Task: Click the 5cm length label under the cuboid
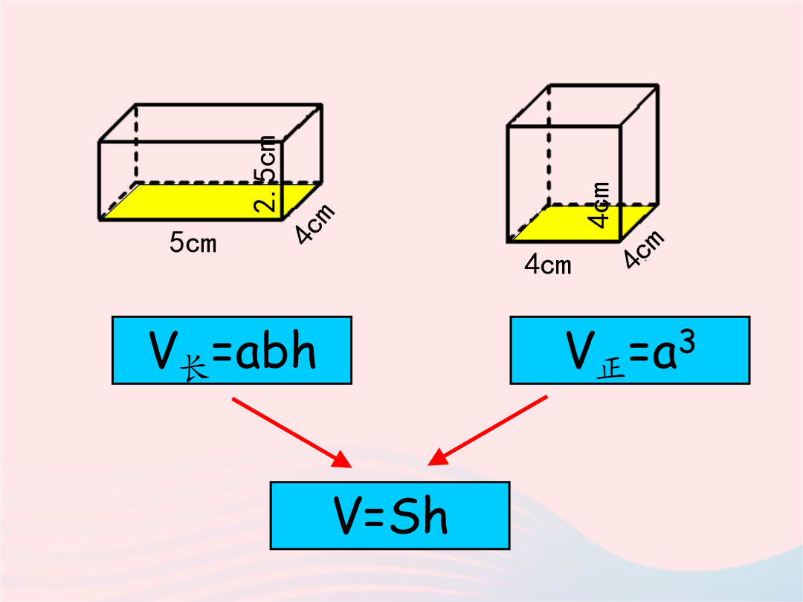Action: coord(193,242)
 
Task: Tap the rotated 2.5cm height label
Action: coord(265,174)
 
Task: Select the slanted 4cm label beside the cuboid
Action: coord(315,224)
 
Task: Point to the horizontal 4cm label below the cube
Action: coord(547,265)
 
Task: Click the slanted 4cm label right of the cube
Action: coord(644,249)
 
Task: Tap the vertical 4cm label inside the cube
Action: coord(599,205)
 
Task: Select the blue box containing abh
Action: coord(232,350)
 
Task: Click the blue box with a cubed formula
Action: coord(630,350)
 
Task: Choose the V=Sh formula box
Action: coord(390,516)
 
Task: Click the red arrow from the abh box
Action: coord(292,433)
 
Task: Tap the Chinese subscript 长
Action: coord(195,369)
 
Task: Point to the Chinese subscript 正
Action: coord(611,368)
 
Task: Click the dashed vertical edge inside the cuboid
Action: coord(136,143)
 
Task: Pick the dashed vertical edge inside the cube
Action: coord(549,146)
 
